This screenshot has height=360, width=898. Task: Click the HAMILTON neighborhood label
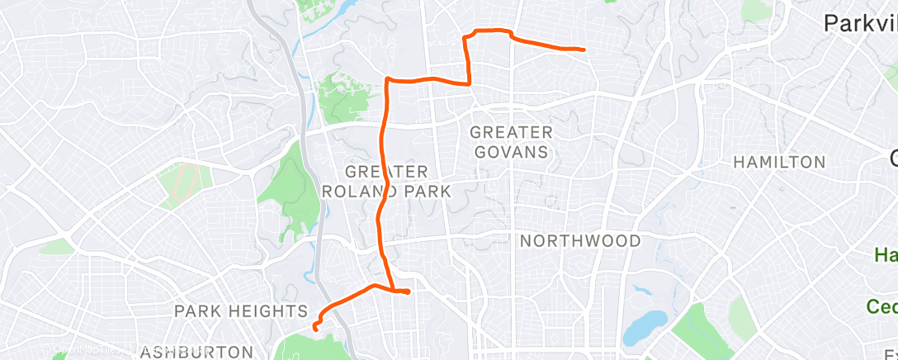point(779,162)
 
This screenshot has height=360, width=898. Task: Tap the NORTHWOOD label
point(580,241)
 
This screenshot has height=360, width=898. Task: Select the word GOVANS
point(511,152)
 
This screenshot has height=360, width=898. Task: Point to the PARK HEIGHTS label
point(240,311)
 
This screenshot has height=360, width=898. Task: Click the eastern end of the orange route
point(584,50)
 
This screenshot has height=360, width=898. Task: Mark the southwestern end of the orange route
point(316,328)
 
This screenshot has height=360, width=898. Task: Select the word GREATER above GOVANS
point(511,132)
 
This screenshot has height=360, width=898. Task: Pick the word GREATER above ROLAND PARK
point(386,172)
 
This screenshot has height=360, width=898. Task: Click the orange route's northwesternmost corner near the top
point(387,79)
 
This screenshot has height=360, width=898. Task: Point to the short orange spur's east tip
point(407,291)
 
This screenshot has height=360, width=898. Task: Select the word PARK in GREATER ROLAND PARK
point(424,192)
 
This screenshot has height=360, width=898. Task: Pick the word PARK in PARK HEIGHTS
point(198,311)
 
